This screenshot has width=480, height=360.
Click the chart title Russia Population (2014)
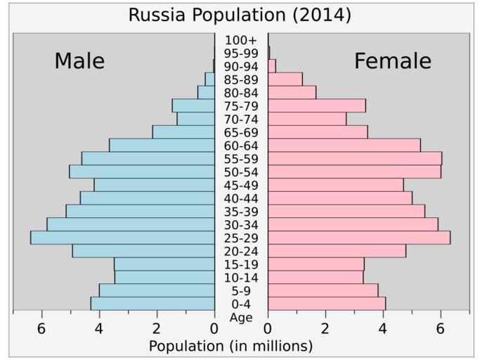tap(240, 15)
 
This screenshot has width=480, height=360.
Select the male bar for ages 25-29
tap(122, 238)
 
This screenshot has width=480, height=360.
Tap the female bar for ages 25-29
tap(358, 238)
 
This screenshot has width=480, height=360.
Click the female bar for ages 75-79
tap(316, 105)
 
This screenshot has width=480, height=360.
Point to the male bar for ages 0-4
tap(153, 304)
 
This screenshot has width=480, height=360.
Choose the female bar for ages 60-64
tap(344, 145)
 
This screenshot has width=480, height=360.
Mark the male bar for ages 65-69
tap(183, 132)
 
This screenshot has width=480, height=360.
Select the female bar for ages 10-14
tap(316, 277)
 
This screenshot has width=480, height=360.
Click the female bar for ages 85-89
tap(285, 79)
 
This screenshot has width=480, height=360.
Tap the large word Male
tap(79, 61)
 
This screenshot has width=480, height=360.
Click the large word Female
tap(392, 61)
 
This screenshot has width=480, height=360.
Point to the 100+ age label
tap(240, 40)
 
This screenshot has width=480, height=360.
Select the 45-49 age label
tap(240, 185)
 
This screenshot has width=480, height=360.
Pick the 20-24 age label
tap(240, 251)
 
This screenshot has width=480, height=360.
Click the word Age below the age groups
tap(240, 317)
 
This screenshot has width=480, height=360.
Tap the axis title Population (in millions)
tap(231, 346)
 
